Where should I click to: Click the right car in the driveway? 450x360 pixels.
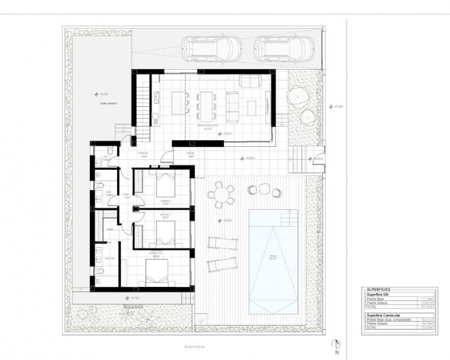[284, 49]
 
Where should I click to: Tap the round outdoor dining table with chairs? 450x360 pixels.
[221, 196]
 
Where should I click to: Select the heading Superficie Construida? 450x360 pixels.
[383, 315]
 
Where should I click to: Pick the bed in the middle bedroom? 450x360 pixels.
[164, 233]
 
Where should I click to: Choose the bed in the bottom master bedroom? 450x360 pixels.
[160, 273]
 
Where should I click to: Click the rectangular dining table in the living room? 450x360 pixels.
[206, 105]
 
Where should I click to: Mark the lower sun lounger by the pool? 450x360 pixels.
[219, 263]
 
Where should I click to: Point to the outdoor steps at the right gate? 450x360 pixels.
[297, 161]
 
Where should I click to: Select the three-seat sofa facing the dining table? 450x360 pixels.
[232, 105]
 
